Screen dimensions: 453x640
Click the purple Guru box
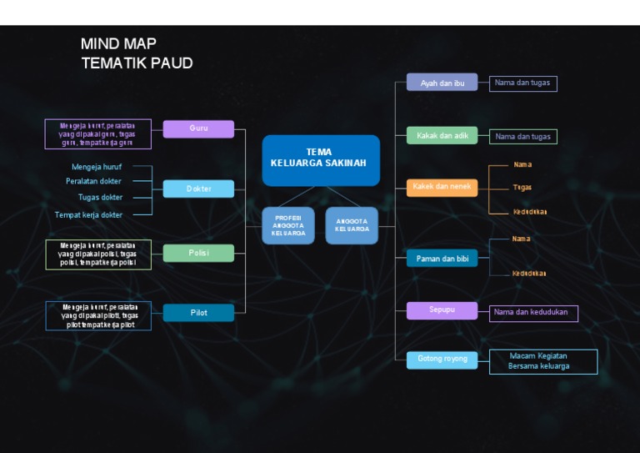pyautogui.click(x=198, y=128)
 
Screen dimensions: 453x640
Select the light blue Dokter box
pyautogui.click(x=198, y=189)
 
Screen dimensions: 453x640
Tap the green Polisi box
pyautogui.click(x=198, y=253)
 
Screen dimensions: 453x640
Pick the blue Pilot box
pyautogui.click(x=198, y=313)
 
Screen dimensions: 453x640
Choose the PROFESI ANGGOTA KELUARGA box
pyautogui.click(x=288, y=225)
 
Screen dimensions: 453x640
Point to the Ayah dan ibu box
pyautogui.click(x=442, y=83)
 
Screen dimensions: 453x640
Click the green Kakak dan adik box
pyautogui.click(x=442, y=135)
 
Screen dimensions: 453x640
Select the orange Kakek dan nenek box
pyautogui.click(x=442, y=187)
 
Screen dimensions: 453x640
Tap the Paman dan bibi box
pyautogui.click(x=442, y=259)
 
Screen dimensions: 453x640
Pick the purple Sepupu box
pyautogui.click(x=442, y=310)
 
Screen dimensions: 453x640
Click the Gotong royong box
pyautogui.click(x=442, y=360)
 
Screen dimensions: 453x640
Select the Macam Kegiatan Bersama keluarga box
pyautogui.click(x=543, y=361)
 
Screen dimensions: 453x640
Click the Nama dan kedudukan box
pyautogui.click(x=533, y=313)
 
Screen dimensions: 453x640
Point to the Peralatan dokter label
pyautogui.click(x=93, y=181)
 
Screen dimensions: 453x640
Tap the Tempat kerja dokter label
pyautogui.click(x=88, y=214)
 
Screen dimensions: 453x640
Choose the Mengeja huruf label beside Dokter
pyautogui.click(x=97, y=166)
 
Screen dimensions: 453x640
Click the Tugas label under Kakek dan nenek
pyautogui.click(x=522, y=187)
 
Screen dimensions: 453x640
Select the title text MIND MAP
pyautogui.click(x=118, y=43)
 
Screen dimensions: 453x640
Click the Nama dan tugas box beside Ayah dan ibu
pyautogui.click(x=522, y=83)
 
